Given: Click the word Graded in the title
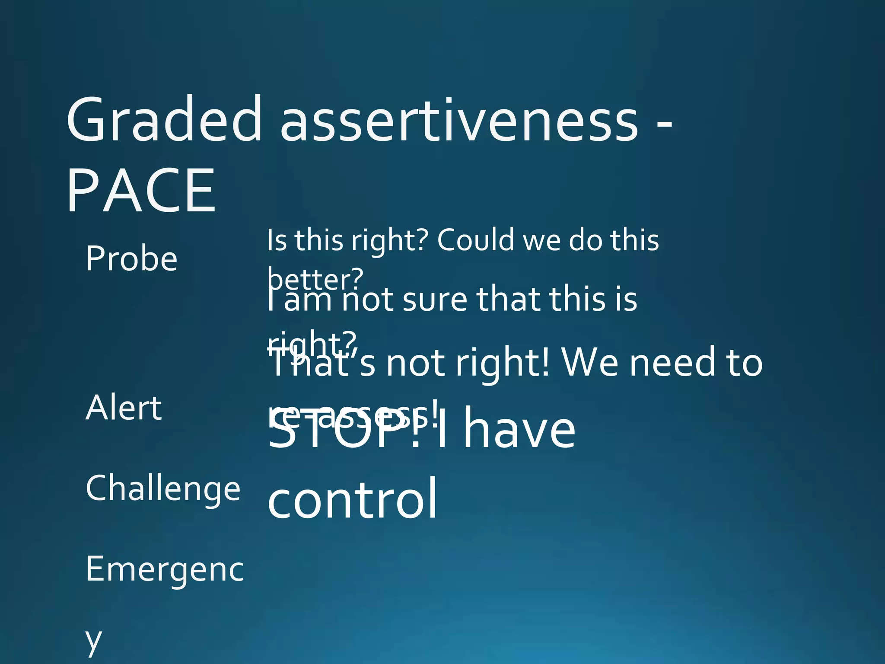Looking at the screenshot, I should coord(163,120).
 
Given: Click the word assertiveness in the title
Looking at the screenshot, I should coord(459,120).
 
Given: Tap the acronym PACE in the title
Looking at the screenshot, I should coord(141,191).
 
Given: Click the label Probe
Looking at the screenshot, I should coord(131,259).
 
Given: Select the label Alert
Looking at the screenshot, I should coord(124,408).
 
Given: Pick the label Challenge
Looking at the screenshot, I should coord(163,488).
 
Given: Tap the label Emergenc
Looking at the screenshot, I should coord(165,569).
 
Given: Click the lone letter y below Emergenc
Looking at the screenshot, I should coord(93,641).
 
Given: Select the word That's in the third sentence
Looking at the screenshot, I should coord(322,363).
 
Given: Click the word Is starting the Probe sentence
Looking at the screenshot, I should coord(277,240).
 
